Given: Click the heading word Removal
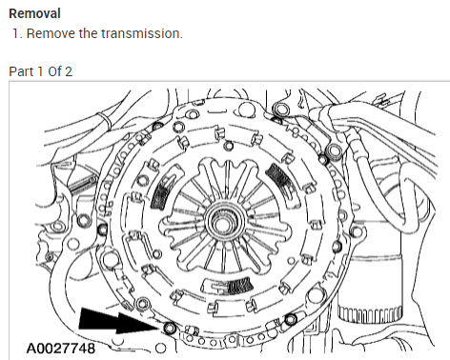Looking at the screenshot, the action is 34,13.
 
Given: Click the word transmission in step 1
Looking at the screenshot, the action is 142,33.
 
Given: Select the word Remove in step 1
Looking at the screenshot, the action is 51,33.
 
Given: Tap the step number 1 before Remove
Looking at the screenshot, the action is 17,33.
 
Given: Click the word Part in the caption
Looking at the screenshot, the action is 21,71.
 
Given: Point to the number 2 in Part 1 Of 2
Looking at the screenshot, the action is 69,71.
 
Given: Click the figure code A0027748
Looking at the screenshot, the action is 61,349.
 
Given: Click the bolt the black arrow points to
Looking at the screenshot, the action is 170,328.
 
